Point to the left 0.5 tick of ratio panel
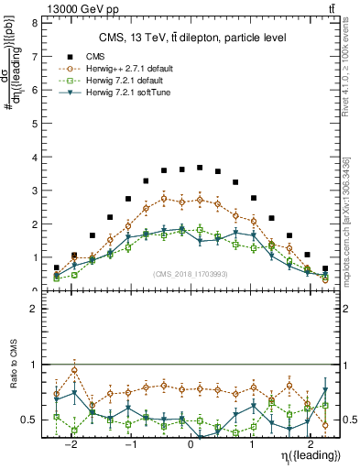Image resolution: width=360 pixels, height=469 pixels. click(27, 420)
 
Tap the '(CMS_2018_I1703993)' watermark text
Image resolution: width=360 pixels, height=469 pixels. click(191, 274)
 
